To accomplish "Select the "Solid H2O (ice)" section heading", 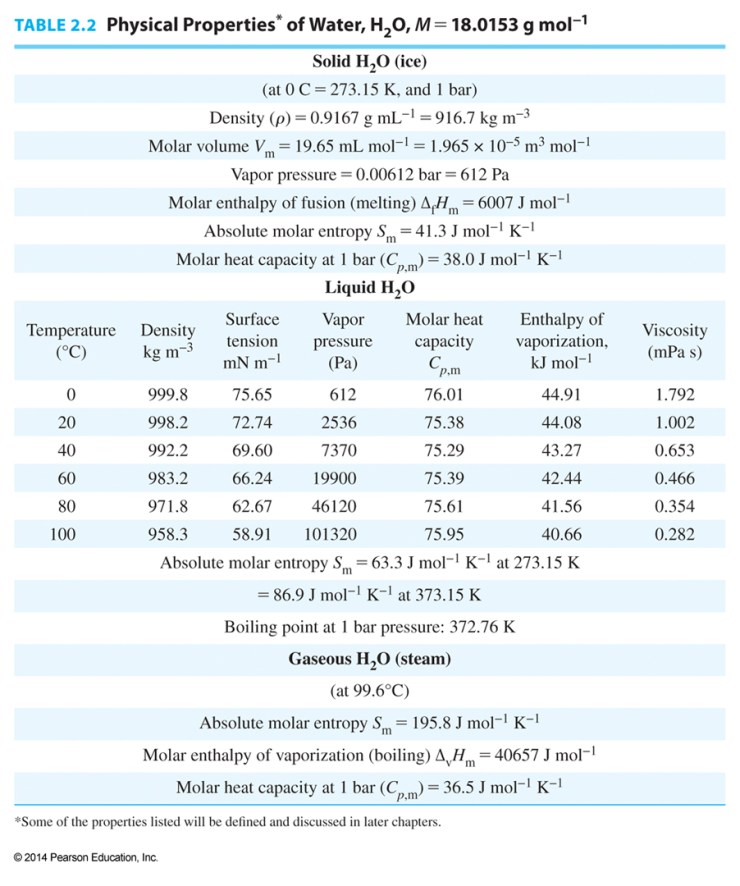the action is pos(369,60).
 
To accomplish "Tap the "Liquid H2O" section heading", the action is pos(369,287).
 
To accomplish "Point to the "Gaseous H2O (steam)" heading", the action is pos(369,659).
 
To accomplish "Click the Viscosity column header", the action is pos(674,341).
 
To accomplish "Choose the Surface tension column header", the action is pos(252,341).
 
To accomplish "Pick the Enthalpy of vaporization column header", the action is pos(562,341).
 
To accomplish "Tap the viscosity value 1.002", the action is pos(674,422).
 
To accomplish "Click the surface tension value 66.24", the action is pos(252,478).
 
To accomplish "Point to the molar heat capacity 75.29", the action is pos(444,450).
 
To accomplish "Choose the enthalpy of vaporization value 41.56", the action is pos(562,506).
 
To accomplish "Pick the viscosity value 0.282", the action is pos(674,534).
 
